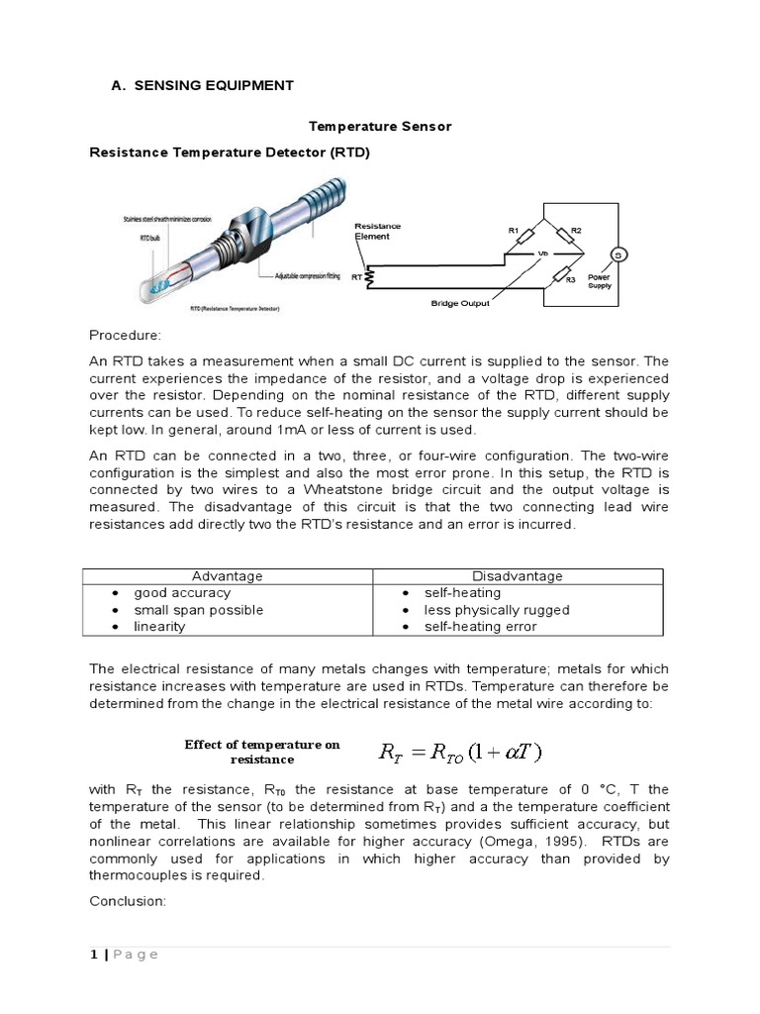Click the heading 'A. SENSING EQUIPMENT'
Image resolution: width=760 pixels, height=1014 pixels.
pyautogui.click(x=202, y=85)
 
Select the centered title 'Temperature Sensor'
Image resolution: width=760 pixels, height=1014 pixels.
pyautogui.click(x=380, y=127)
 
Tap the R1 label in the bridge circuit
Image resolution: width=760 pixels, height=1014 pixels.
pyautogui.click(x=514, y=231)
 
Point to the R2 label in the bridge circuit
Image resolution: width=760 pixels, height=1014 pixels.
pyautogui.click(x=576, y=231)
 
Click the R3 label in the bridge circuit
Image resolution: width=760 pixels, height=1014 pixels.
pyautogui.click(x=570, y=280)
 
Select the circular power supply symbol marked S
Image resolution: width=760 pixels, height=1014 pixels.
pyautogui.click(x=618, y=254)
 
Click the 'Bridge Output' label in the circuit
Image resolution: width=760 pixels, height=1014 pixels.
pyautogui.click(x=460, y=303)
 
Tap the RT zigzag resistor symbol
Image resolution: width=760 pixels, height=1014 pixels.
pyautogui.click(x=370, y=278)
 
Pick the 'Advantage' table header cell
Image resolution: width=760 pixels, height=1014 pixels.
pyautogui.click(x=228, y=575)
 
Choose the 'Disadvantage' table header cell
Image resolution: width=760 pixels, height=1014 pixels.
pyautogui.click(x=517, y=575)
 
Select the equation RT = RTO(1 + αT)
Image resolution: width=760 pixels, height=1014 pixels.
pyautogui.click(x=461, y=752)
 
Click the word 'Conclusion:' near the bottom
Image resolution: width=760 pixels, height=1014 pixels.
pyautogui.click(x=127, y=901)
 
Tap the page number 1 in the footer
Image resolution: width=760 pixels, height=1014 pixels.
pyautogui.click(x=93, y=955)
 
